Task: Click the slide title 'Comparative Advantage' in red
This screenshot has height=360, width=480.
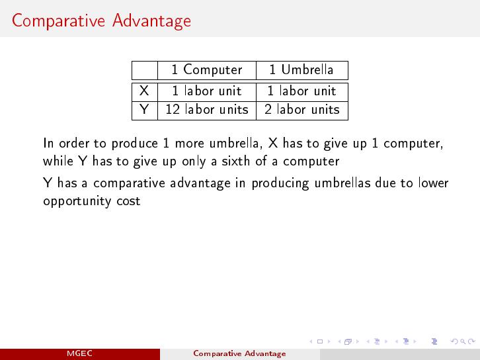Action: pos(101,21)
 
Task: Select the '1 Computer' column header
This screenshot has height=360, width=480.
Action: pos(207,70)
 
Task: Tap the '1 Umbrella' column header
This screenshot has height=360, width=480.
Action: pos(301,69)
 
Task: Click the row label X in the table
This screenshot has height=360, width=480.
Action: pos(144,91)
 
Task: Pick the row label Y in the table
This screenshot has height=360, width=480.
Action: pos(144,109)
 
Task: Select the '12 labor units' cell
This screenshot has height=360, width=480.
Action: pos(207,109)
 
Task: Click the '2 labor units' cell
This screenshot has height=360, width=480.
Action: pos(302,109)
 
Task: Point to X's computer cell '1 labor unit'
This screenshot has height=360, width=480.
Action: pos(207,91)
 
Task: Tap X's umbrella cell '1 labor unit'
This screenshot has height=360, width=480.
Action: pos(301,91)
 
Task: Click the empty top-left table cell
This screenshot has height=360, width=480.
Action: pos(145,70)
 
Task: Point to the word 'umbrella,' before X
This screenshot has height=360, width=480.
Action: pos(236,143)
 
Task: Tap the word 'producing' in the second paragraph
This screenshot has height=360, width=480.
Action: pos(280,183)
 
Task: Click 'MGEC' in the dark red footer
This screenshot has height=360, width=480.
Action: pos(79,353)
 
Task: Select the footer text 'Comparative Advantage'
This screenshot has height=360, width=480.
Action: pos(239,353)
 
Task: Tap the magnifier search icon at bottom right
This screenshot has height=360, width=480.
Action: pos(463,341)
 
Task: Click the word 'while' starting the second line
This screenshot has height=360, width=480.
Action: pos(58,161)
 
